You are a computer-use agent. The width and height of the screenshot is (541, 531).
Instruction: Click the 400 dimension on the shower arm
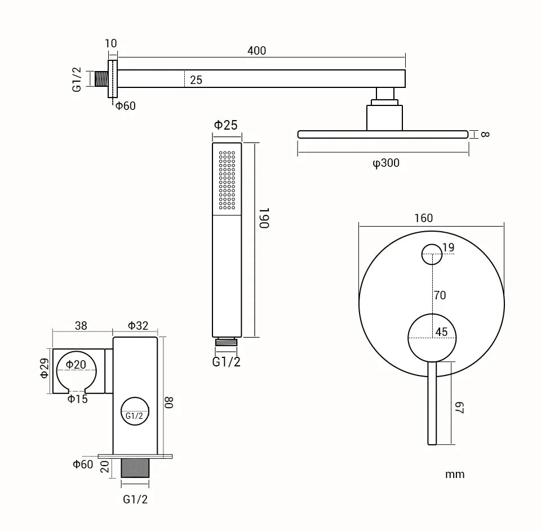point(256,51)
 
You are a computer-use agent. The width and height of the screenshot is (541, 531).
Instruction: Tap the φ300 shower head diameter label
point(385,163)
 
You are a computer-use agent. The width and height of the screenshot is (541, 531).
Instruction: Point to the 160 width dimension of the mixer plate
point(423,218)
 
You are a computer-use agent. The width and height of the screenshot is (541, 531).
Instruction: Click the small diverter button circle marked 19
point(432,254)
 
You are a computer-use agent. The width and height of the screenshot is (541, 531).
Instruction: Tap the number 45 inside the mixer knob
point(441,332)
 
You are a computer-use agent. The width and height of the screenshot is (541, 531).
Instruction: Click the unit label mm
point(455,474)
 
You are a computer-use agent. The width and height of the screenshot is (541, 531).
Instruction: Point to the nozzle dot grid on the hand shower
point(227,180)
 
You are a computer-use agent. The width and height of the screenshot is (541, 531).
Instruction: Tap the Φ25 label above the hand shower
point(225,125)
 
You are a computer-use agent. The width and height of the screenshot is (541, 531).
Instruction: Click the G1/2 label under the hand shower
point(226,362)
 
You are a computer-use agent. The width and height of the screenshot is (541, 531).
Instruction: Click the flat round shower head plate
point(383,134)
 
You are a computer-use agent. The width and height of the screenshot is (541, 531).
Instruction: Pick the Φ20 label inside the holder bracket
point(76,365)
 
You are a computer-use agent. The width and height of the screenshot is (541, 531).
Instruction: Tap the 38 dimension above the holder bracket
point(81,325)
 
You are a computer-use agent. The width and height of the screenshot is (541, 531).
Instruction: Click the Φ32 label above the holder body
point(138,325)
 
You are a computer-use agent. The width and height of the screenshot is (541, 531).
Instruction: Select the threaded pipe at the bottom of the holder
point(135,468)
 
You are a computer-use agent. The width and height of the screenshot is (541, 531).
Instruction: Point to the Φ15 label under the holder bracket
point(77,399)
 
